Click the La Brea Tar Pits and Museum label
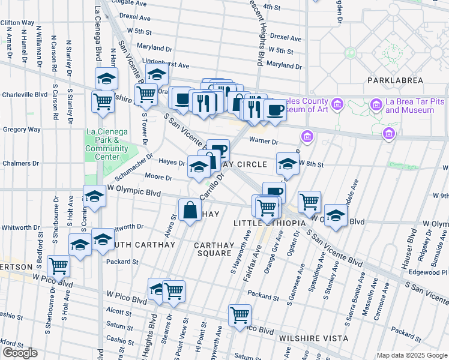(410, 106)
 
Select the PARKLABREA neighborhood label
(395, 80)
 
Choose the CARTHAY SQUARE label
(213, 249)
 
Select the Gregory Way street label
(22, 129)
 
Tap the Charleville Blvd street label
(25, 95)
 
